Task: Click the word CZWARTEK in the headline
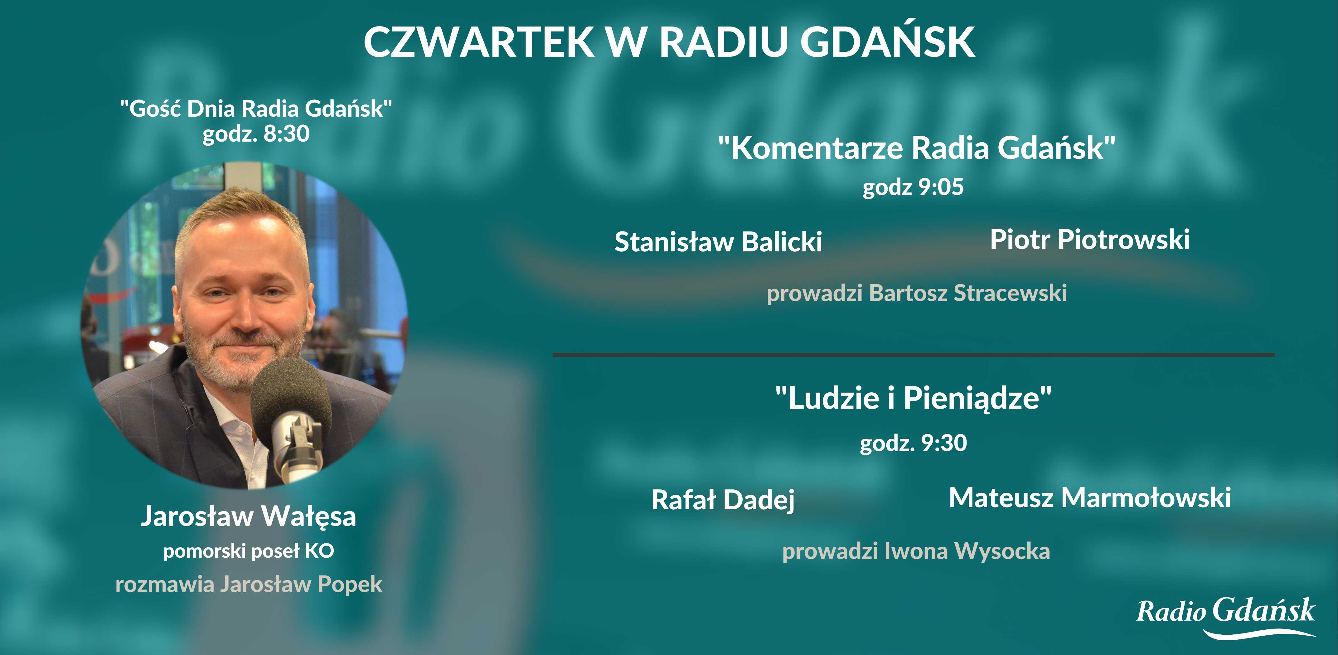[x=478, y=41]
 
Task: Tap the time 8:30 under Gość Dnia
[x=286, y=133]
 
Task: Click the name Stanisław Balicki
[x=718, y=241]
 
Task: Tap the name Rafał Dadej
[x=723, y=500]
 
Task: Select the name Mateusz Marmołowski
[x=1090, y=497]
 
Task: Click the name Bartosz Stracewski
[x=968, y=293]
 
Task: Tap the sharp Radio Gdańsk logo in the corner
[x=1226, y=617]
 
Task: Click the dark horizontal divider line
[x=914, y=355]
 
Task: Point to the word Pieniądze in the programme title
[x=971, y=398]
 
